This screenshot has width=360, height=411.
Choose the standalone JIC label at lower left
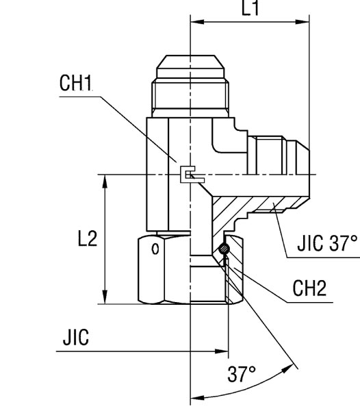(75, 338)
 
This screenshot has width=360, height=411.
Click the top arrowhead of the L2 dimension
(105, 179)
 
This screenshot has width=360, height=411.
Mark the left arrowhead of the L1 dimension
(194, 22)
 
